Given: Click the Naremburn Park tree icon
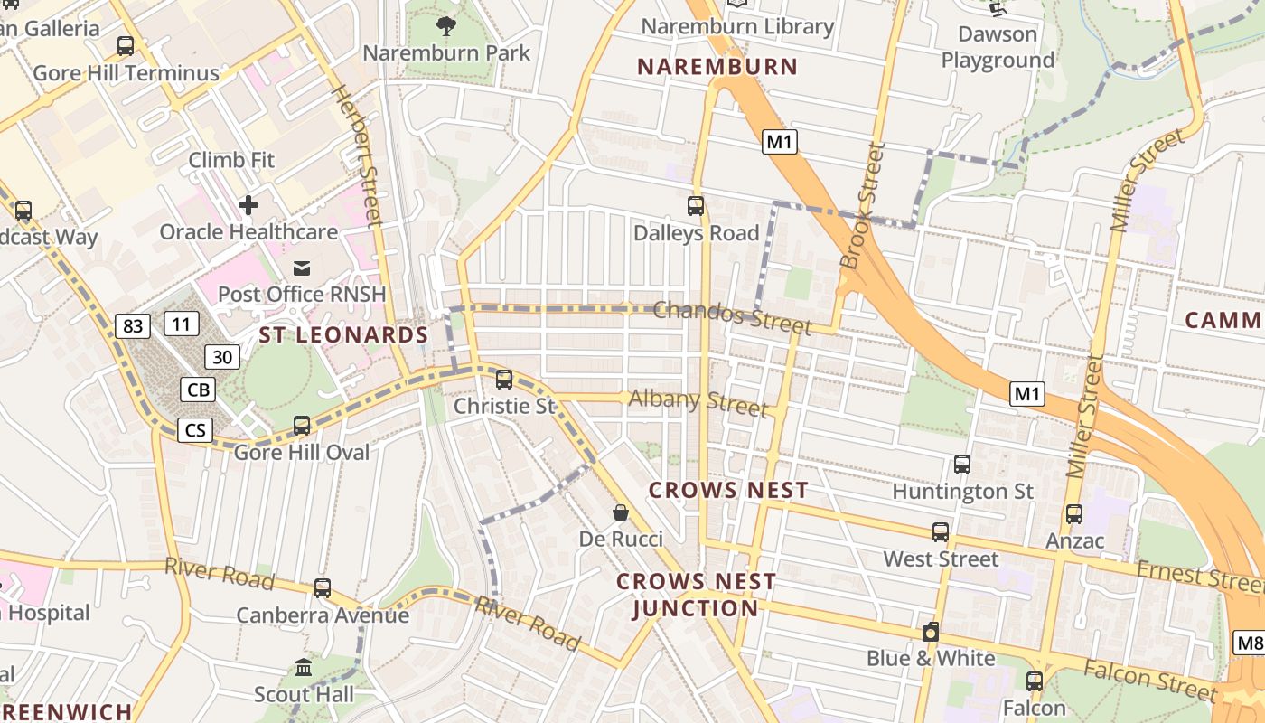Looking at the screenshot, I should coord(446,24).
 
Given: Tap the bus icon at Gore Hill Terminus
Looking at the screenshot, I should coord(126,45).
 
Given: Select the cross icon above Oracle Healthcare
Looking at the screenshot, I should coord(248,205).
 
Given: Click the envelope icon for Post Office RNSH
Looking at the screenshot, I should coord(302,268).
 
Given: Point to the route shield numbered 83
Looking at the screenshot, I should coord(133,325).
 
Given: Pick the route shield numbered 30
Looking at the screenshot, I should coord(222,357).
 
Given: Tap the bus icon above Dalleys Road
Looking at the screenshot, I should coord(695,206).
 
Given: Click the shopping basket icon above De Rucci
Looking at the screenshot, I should coord(621,512).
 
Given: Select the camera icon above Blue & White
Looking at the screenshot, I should coord(931,632).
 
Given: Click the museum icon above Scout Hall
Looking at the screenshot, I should coord(304,668).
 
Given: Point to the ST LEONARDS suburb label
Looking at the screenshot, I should coord(343,335).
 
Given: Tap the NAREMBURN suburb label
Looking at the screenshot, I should coord(717,66).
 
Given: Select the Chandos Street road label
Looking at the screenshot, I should coord(732,316).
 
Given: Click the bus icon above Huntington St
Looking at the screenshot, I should coord(962,465).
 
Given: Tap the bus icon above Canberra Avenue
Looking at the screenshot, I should coord(323,588).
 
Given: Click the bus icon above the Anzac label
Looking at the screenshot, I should coord(1074,514).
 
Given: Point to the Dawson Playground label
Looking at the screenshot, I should coord(998,47).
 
